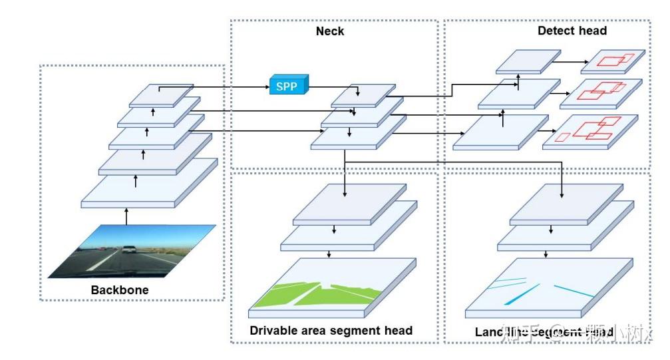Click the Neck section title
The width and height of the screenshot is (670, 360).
click(330, 31)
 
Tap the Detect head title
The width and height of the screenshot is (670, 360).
click(572, 31)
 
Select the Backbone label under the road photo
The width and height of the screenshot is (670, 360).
click(120, 290)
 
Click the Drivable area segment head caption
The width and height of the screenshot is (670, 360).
click(331, 330)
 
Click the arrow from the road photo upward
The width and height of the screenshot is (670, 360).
click(126, 216)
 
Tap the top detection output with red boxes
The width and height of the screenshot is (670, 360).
click(613, 61)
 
